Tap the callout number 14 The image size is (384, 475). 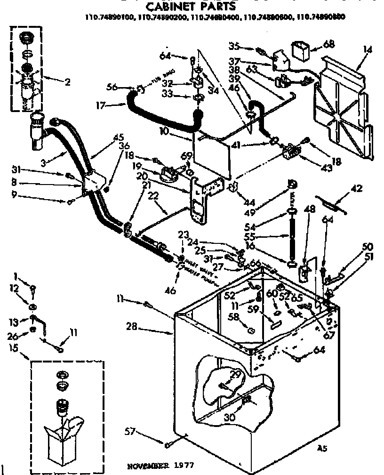pyautogui.click(x=367, y=49)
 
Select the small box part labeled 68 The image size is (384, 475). pyautogui.click(x=301, y=49)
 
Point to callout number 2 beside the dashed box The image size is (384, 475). pyautogui.click(x=67, y=82)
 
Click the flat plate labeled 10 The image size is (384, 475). pyautogui.click(x=212, y=151)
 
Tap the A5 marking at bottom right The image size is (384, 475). pyautogui.click(x=322, y=449)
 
